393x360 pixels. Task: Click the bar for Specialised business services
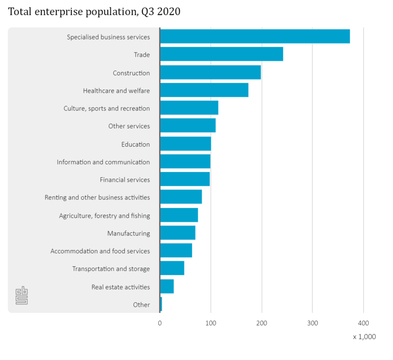pos(255,36)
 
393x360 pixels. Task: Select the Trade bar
pos(221,54)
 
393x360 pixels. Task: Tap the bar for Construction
pos(210,72)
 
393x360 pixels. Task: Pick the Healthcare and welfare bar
pos(204,90)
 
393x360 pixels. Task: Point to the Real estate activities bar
pos(167,286)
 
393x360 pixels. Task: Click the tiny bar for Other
pos(161,304)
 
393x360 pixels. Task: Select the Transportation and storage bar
pos(172,268)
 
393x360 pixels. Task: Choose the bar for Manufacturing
pos(178,233)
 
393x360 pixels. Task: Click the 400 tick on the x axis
pos(363,323)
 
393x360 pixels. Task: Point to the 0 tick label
pos(160,323)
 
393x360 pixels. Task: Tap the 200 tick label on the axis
pos(262,323)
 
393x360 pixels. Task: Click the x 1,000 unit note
pos(364,337)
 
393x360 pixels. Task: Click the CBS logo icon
pos(21,296)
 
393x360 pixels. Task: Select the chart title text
pos(94,12)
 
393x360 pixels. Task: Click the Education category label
pos(135,144)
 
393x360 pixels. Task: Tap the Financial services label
pos(125,179)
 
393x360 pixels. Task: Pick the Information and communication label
pos(103,162)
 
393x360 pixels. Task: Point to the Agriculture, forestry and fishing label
pos(104,215)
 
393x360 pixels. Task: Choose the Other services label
pos(129,126)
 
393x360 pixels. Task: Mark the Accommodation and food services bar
pos(176,250)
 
